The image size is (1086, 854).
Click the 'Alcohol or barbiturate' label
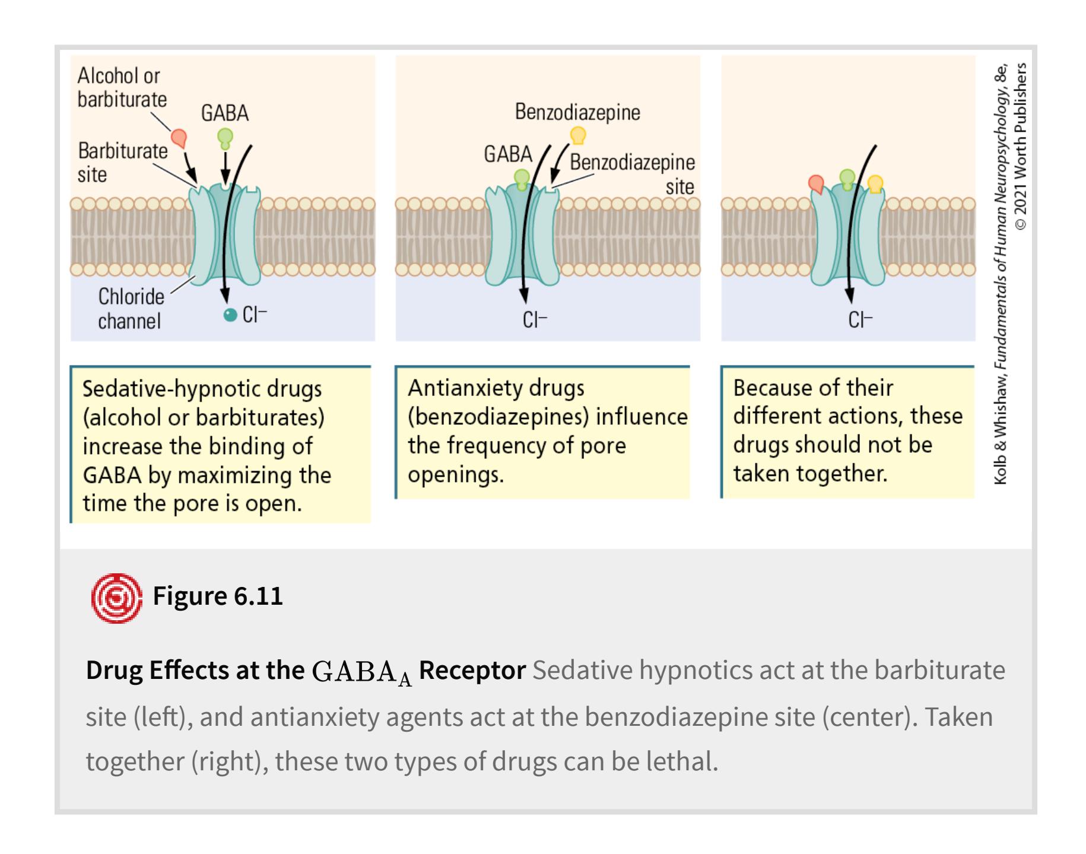(x=122, y=88)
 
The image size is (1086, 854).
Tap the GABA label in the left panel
(x=224, y=113)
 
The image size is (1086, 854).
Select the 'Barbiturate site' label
(x=122, y=163)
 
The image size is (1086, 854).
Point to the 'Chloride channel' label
(x=131, y=309)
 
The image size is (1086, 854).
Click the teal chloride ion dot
(x=230, y=315)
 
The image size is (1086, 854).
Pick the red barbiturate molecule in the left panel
(x=179, y=138)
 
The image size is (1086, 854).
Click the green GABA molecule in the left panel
(x=225, y=137)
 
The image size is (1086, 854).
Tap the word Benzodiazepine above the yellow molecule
(x=577, y=112)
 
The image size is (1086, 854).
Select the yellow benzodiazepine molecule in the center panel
(x=577, y=136)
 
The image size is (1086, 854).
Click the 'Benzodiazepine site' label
(x=633, y=174)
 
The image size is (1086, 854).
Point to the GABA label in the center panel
(x=507, y=154)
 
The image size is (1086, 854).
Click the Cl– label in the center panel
(x=534, y=320)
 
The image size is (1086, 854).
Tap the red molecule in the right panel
(x=817, y=184)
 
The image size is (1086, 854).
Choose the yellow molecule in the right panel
(x=875, y=184)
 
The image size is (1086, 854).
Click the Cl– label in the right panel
(x=860, y=320)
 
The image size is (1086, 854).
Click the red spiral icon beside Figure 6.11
(x=116, y=598)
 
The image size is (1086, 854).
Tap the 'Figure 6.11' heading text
(x=218, y=596)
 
